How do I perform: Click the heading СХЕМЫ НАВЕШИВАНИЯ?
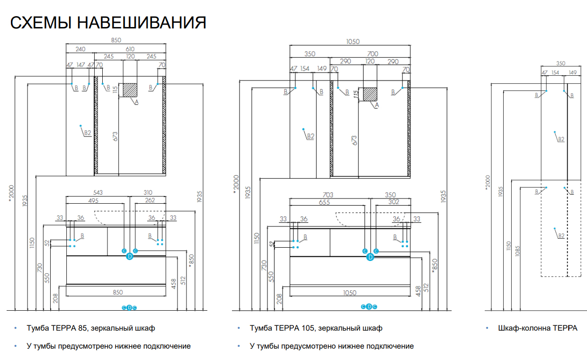[x=108, y=23]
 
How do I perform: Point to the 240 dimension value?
[x=80, y=49]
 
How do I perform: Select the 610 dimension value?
[x=130, y=49]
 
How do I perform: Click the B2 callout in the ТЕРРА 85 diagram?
[x=87, y=133]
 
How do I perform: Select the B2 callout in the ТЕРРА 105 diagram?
[x=310, y=136]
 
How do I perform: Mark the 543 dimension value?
[x=98, y=192]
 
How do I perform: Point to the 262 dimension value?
[x=150, y=200]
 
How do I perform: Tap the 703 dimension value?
[x=328, y=195]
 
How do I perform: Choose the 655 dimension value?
[x=324, y=202]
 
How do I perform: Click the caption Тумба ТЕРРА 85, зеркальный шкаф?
[x=91, y=328]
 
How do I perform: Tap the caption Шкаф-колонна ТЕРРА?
[x=538, y=328]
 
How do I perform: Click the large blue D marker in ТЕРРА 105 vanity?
[x=370, y=257]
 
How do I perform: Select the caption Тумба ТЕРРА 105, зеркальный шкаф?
[x=316, y=328]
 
